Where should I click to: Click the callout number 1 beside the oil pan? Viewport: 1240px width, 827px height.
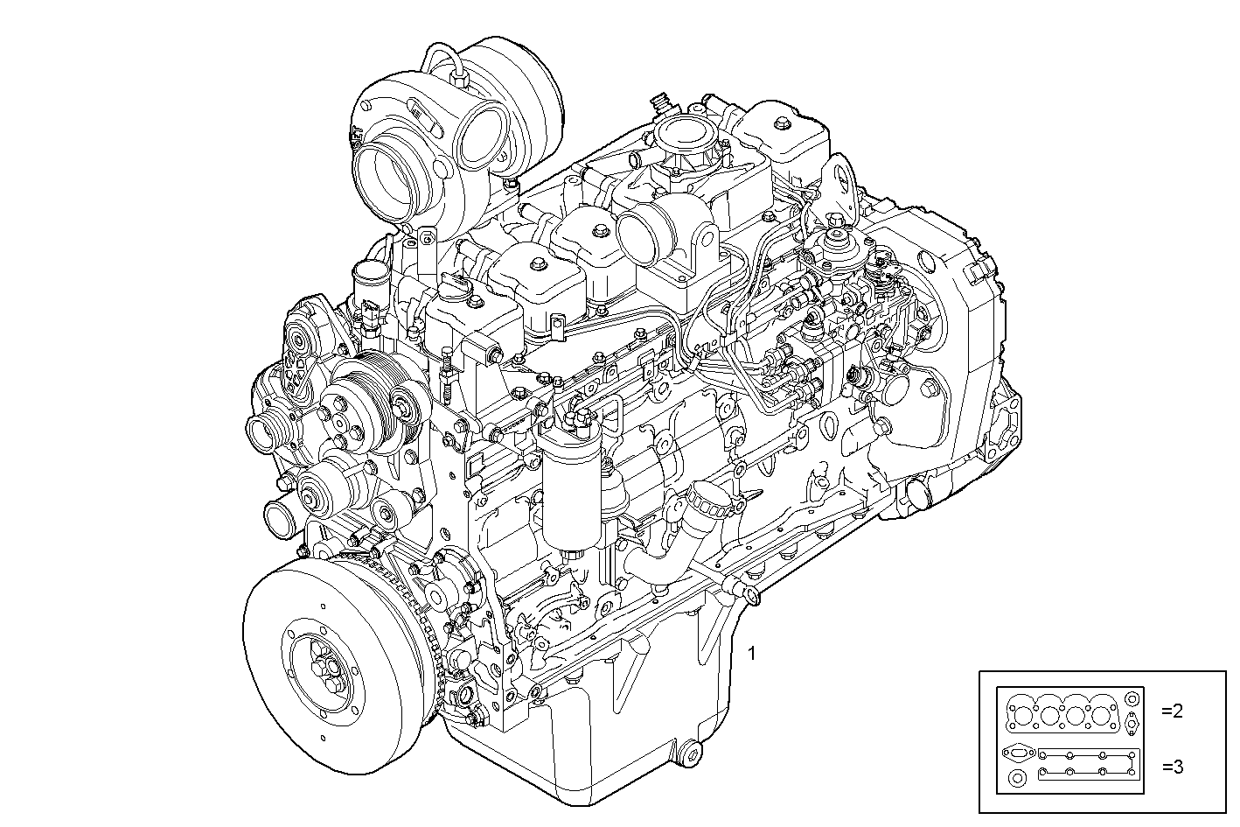coord(751,655)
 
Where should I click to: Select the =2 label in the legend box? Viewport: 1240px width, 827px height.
coord(1172,711)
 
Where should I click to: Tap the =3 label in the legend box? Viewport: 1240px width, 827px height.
coord(1173,767)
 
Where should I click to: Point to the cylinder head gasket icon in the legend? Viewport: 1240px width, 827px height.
coord(1062,716)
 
